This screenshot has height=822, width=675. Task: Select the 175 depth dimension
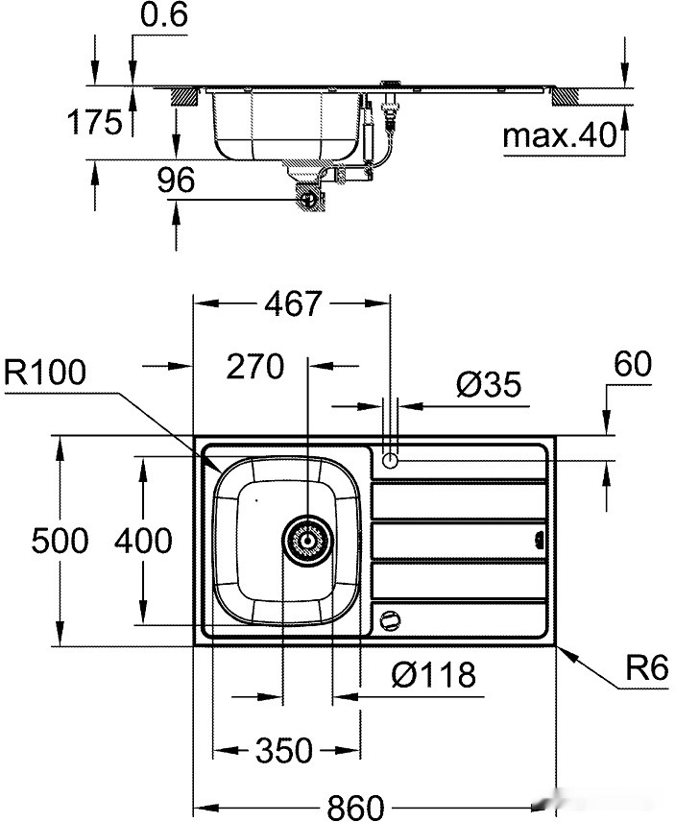96,122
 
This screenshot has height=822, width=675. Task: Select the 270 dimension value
255,366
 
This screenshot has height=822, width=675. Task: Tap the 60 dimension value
630,364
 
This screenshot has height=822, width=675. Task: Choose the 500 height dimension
60,541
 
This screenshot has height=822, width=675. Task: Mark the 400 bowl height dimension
143,541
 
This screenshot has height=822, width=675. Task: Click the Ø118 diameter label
434,674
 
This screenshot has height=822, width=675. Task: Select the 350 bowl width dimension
284,749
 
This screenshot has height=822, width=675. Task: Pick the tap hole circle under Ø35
390,460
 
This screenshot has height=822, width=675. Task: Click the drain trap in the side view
309,197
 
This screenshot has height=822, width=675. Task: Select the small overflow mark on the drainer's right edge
539,542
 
